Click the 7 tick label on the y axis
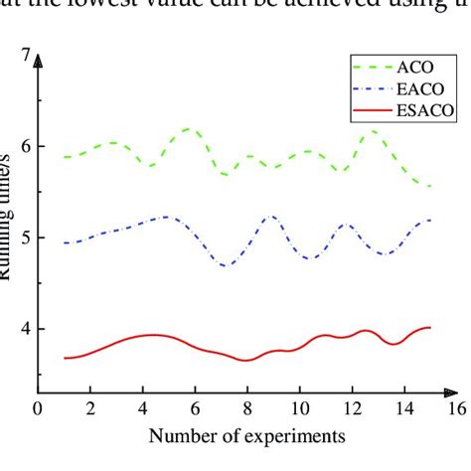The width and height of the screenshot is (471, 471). click(26, 56)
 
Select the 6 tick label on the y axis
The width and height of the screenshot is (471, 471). click(26, 147)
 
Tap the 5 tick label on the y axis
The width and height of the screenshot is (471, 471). click(26, 238)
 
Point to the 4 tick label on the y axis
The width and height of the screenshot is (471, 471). click(26, 329)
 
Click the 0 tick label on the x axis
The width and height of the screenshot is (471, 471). click(38, 407)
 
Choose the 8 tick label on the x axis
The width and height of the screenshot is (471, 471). click(246, 407)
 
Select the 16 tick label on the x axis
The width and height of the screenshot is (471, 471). click(456, 407)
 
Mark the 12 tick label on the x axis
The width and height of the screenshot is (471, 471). click(352, 407)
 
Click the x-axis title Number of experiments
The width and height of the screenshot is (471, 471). click(247, 435)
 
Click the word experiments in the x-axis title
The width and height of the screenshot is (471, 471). click(299, 435)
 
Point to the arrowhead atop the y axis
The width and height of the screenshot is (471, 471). click(39, 63)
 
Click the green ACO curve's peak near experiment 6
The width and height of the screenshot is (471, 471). click(190, 129)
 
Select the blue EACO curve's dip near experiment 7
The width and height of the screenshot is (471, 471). click(227, 265)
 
